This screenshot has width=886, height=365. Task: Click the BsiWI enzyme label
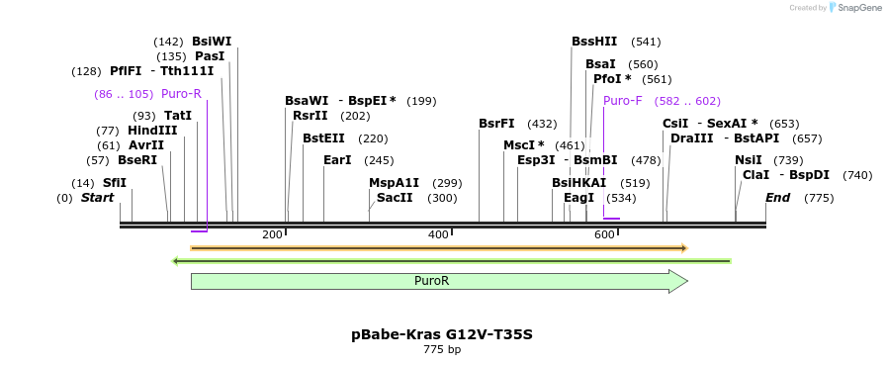click(x=212, y=42)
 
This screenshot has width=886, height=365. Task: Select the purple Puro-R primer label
click(x=181, y=94)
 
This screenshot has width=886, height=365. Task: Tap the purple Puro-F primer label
click(x=622, y=101)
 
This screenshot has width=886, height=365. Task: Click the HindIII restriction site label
click(x=152, y=131)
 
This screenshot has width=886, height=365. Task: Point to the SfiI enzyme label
click(x=115, y=183)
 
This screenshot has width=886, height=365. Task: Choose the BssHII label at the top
click(x=593, y=42)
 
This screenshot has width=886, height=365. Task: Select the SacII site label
click(x=395, y=198)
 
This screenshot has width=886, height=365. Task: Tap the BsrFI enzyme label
click(x=496, y=124)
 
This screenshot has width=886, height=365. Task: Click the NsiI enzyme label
click(x=749, y=160)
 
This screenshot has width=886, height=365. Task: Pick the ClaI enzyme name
click(x=755, y=175)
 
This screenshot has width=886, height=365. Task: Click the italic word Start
click(x=97, y=198)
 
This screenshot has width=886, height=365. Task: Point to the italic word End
click(x=777, y=198)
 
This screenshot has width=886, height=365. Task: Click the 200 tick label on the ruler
click(x=272, y=234)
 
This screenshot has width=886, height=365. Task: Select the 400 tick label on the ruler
click(x=438, y=234)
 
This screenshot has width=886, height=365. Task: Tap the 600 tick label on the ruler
click(x=604, y=234)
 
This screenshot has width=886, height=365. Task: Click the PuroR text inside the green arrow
click(x=431, y=281)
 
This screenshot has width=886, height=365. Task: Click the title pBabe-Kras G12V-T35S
click(x=442, y=334)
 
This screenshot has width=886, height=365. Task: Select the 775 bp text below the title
click(x=442, y=349)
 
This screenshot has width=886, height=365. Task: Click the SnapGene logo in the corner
click(x=853, y=8)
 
